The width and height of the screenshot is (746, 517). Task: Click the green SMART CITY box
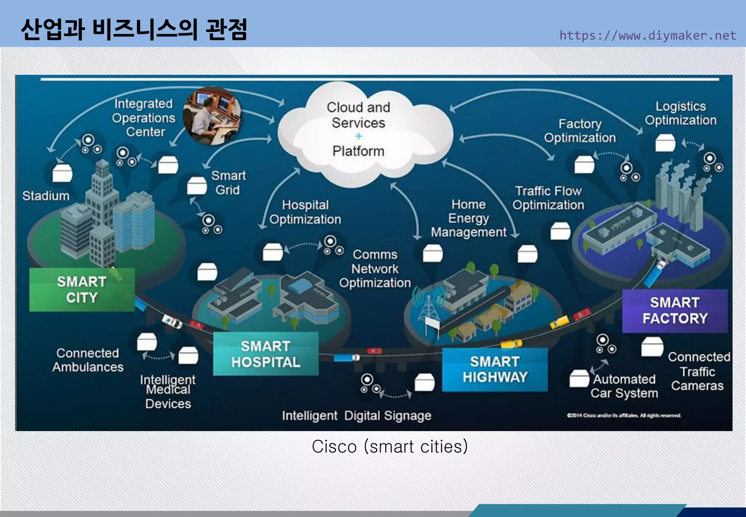click(x=82, y=289)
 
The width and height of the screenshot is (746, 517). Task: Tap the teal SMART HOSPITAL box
click(x=266, y=354)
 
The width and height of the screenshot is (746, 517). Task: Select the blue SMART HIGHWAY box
click(x=494, y=369)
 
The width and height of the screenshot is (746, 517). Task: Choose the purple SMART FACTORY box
click(x=675, y=311)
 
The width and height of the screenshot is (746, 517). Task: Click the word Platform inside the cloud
click(x=358, y=151)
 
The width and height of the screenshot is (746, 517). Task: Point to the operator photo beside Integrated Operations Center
click(x=212, y=116)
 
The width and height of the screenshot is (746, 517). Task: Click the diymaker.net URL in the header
click(x=648, y=35)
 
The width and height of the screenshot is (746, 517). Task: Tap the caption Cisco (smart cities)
click(x=389, y=447)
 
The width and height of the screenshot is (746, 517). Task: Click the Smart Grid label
click(x=228, y=183)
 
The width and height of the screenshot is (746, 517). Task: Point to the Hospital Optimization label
click(x=305, y=212)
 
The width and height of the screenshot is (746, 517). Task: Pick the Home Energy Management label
click(x=468, y=218)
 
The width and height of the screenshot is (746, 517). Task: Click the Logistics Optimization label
click(x=680, y=113)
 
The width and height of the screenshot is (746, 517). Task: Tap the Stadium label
click(x=46, y=196)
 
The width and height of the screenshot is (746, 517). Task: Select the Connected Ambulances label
click(x=88, y=360)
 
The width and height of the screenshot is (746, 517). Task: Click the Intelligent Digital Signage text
click(x=356, y=416)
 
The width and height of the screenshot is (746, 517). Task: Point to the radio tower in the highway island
click(x=429, y=308)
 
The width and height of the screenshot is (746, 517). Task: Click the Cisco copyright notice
click(x=624, y=415)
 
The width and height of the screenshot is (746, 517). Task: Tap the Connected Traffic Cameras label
click(x=698, y=371)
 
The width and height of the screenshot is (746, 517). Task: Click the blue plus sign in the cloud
click(x=358, y=136)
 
